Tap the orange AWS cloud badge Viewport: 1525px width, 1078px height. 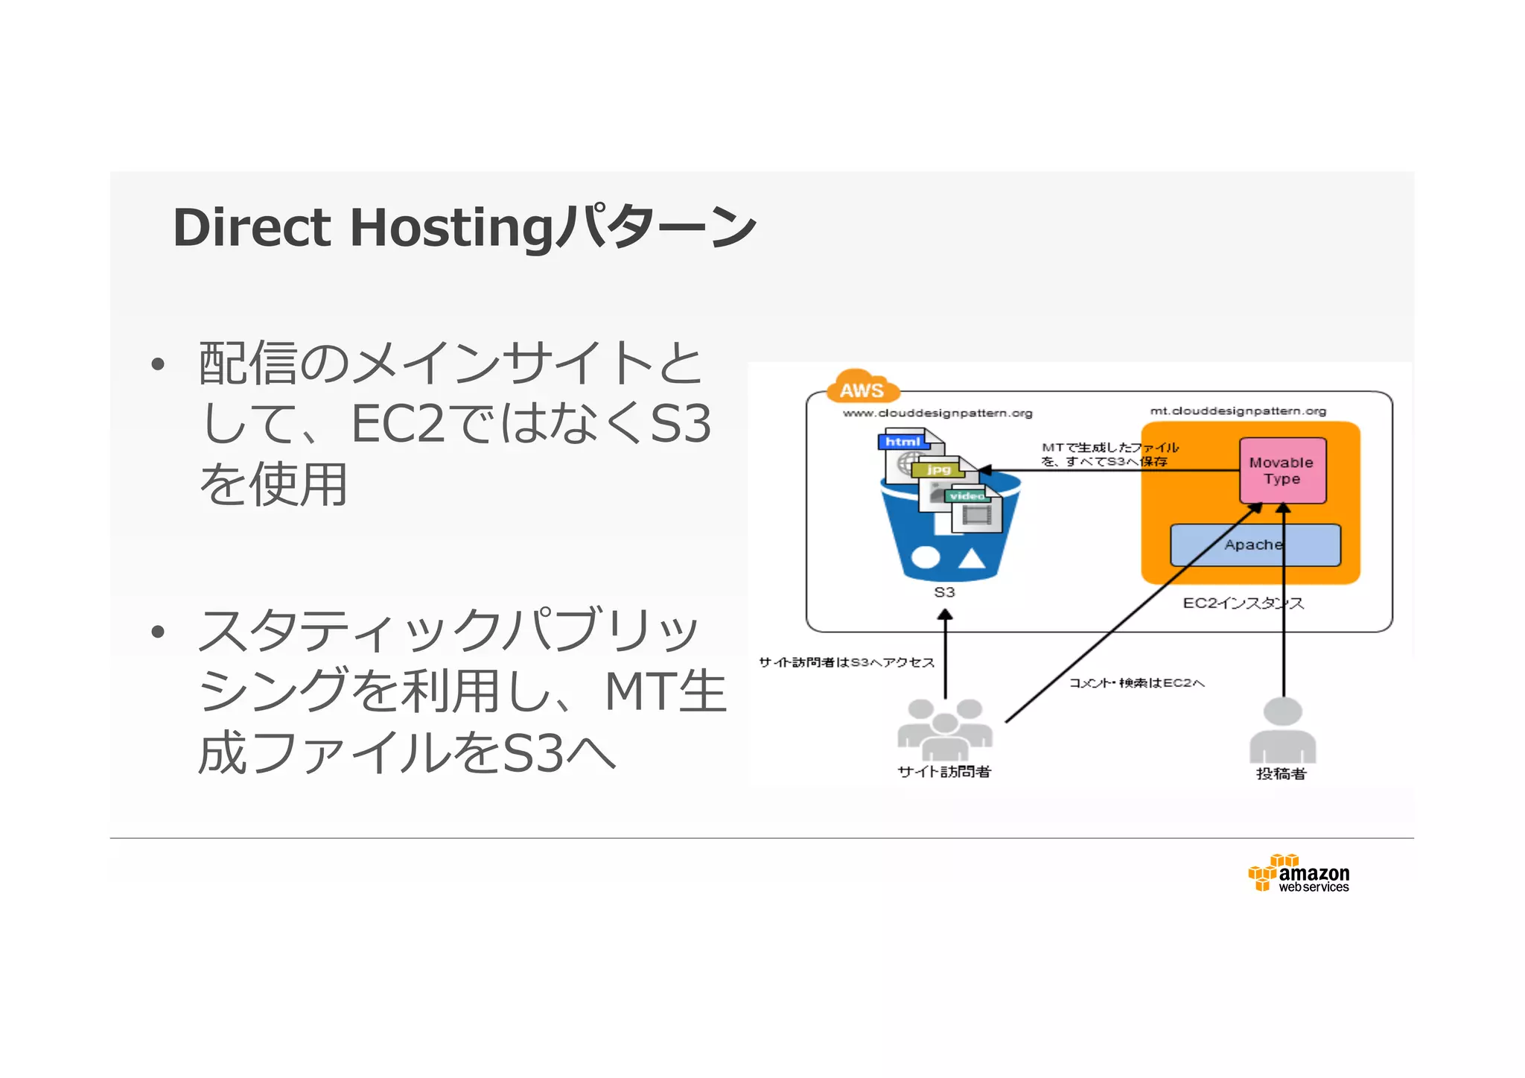tap(862, 387)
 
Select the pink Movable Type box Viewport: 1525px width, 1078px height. tap(1282, 471)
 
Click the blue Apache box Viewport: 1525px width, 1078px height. tap(1255, 545)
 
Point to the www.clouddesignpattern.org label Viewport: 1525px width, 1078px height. tap(937, 413)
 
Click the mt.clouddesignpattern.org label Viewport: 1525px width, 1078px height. tap(1238, 410)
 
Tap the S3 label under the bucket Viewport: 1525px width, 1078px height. tap(944, 592)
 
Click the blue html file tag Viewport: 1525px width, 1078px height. tap(902, 442)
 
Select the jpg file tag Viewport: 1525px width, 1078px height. tap(938, 469)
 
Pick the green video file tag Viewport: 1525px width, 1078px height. tap(967, 495)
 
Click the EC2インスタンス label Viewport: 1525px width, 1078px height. tap(1243, 603)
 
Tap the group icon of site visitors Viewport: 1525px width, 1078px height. tap(944, 726)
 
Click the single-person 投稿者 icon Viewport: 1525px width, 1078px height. tap(1282, 730)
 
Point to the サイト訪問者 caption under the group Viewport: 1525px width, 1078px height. tap(944, 772)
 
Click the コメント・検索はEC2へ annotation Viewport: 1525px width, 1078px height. tap(1136, 682)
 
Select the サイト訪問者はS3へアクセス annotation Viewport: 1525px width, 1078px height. tap(847, 662)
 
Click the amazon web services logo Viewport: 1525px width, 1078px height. tap(1299, 874)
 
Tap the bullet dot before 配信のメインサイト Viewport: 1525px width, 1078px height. tap(157, 364)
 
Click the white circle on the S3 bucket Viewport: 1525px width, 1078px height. tap(925, 557)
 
